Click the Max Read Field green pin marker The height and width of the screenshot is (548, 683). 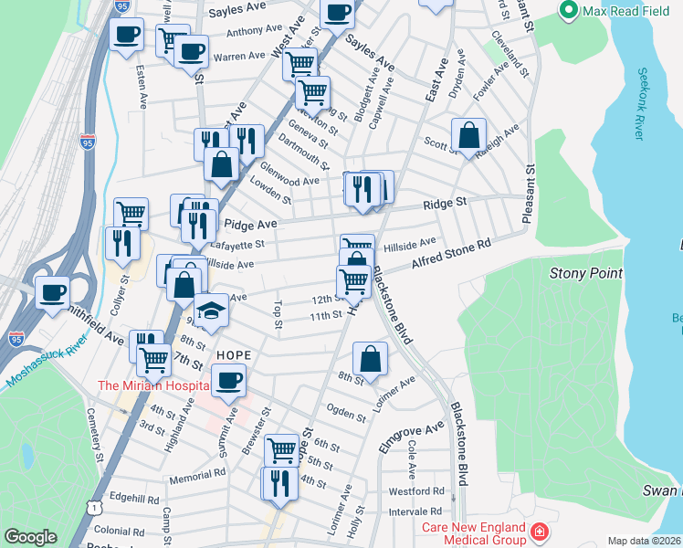[568, 11]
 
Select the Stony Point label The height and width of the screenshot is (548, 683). [585, 273]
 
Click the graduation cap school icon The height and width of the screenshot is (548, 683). [212, 311]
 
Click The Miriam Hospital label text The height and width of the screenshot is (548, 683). [153, 386]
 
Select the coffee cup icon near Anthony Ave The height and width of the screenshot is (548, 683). [126, 36]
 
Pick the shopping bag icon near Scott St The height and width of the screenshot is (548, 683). [468, 135]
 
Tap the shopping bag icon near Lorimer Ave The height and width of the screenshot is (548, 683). [370, 358]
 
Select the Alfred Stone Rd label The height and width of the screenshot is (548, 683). [451, 254]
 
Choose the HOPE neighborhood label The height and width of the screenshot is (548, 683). [234, 353]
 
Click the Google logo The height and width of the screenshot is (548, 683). [30, 537]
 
